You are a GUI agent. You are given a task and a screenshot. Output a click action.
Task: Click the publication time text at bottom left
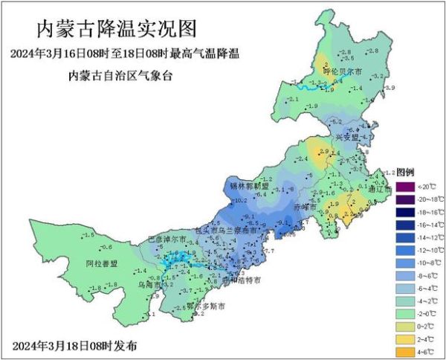click(74, 347)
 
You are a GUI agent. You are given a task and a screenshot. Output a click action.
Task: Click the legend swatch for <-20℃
click(404, 186)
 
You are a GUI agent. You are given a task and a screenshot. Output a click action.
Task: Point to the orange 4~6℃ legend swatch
click(404, 350)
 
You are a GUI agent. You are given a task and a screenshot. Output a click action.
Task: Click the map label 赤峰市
click(305, 206)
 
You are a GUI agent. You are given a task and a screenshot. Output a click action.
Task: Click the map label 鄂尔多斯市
click(205, 306)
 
